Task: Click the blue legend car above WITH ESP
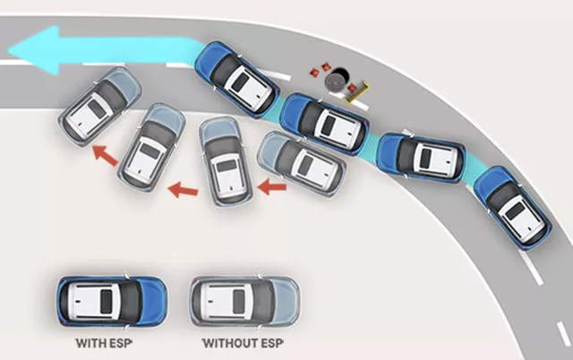pyautogui.click(x=112, y=302)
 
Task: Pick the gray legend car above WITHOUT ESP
pyautogui.click(x=244, y=302)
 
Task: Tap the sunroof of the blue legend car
pyautogui.click(x=106, y=302)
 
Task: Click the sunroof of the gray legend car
pyautogui.click(x=238, y=302)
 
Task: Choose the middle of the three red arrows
pyautogui.click(x=183, y=189)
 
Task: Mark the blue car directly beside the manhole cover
pyautogui.click(x=325, y=124)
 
